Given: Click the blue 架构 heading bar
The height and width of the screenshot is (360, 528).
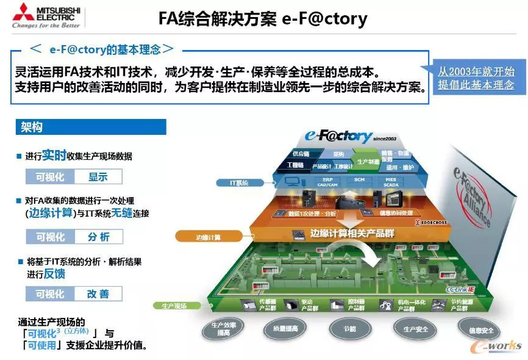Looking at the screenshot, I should [x=91, y=126].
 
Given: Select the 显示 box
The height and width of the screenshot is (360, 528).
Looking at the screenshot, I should [x=98, y=177].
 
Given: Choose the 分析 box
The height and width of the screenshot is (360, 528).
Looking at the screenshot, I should [x=98, y=237].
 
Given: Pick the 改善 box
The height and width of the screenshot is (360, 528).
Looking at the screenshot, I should [x=98, y=294].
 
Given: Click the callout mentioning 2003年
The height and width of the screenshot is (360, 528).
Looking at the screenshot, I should [x=476, y=78].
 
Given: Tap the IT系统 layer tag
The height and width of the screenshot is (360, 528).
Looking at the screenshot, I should [x=239, y=182].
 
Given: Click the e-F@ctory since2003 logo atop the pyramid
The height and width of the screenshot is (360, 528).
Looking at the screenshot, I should [x=344, y=136].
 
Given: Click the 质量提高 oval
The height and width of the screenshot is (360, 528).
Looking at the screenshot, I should [x=281, y=328].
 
